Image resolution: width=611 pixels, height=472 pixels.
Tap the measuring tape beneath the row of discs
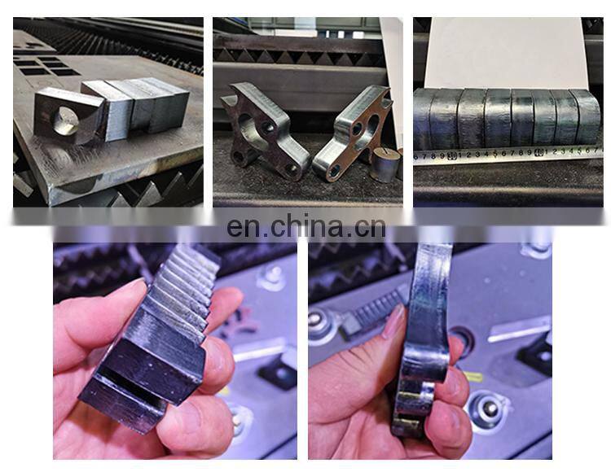tap(505, 153)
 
